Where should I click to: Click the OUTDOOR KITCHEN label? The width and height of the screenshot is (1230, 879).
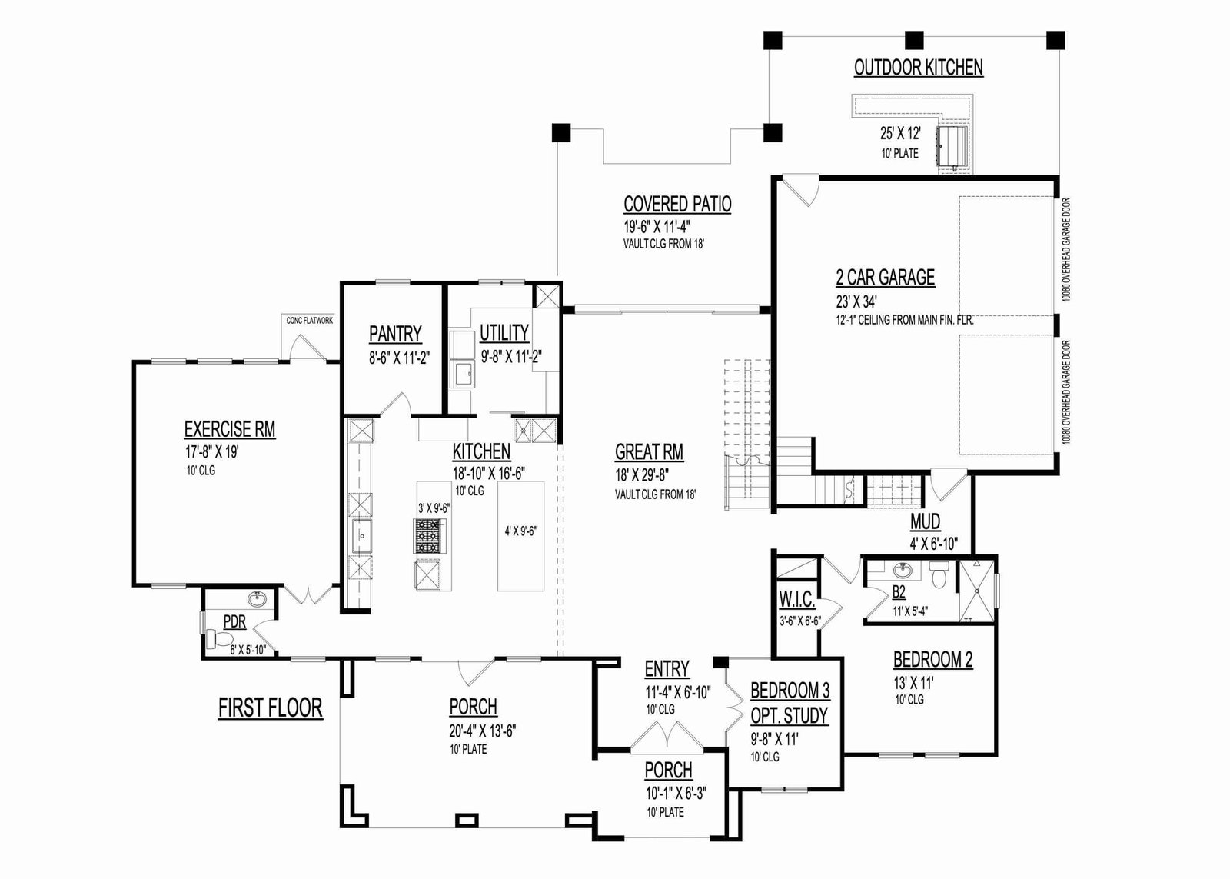click(918, 68)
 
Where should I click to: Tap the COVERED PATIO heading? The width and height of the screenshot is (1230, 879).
click(677, 205)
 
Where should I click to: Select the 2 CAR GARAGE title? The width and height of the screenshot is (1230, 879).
click(885, 277)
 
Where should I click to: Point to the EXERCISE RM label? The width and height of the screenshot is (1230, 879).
click(229, 429)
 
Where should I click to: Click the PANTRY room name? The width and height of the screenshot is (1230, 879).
click(395, 334)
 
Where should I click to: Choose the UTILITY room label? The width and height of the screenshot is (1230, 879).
click(504, 333)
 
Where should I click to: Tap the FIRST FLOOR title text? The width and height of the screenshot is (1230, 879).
click(270, 708)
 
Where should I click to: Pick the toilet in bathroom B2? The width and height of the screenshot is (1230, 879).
click(936, 571)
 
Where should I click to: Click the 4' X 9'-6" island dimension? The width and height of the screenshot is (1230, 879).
click(520, 531)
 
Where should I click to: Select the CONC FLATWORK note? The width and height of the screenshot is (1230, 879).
click(309, 321)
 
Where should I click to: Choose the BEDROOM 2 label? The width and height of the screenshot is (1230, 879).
click(932, 660)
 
